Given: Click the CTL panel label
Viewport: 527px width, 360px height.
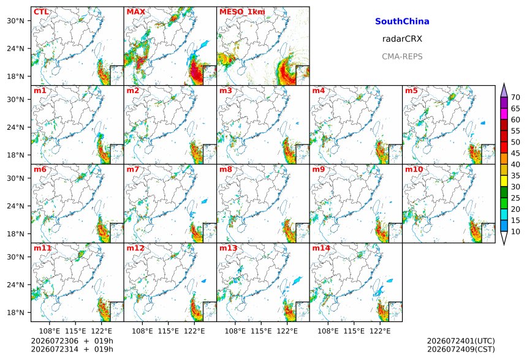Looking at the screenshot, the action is pos(41,12).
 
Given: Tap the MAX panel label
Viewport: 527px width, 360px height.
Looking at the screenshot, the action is pos(136,12).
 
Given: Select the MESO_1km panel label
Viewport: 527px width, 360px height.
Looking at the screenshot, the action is pos(242,12).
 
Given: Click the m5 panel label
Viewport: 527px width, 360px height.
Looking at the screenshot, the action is pos(411,91).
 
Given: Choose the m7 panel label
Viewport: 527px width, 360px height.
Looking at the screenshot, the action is pos(133,169).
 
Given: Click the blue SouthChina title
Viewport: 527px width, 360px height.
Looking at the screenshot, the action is pos(402,21).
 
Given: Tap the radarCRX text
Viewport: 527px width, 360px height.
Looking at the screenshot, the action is pos(402,39).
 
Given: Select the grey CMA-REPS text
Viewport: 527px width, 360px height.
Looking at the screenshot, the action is pos(402,56).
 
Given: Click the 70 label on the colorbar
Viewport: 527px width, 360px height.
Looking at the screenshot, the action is pos(515,97).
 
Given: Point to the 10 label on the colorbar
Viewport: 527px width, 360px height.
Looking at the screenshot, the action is pos(515,231).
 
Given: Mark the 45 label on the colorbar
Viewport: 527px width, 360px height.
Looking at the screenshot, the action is pos(515,153).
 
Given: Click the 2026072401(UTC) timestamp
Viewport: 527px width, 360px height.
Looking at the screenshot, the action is pos(461,341).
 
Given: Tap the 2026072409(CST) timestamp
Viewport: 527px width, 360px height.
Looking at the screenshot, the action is pos(461,349).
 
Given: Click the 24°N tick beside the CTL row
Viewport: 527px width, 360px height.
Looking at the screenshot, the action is pos(15,49).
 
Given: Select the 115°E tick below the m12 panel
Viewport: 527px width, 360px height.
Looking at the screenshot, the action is pos(168,331).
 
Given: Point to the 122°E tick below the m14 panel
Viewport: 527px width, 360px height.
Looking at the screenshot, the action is pos(380,331).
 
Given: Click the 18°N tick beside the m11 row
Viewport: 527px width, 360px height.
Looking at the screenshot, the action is pos(15,313).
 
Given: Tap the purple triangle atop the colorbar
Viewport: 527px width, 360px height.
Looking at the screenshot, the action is pos(504,91).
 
